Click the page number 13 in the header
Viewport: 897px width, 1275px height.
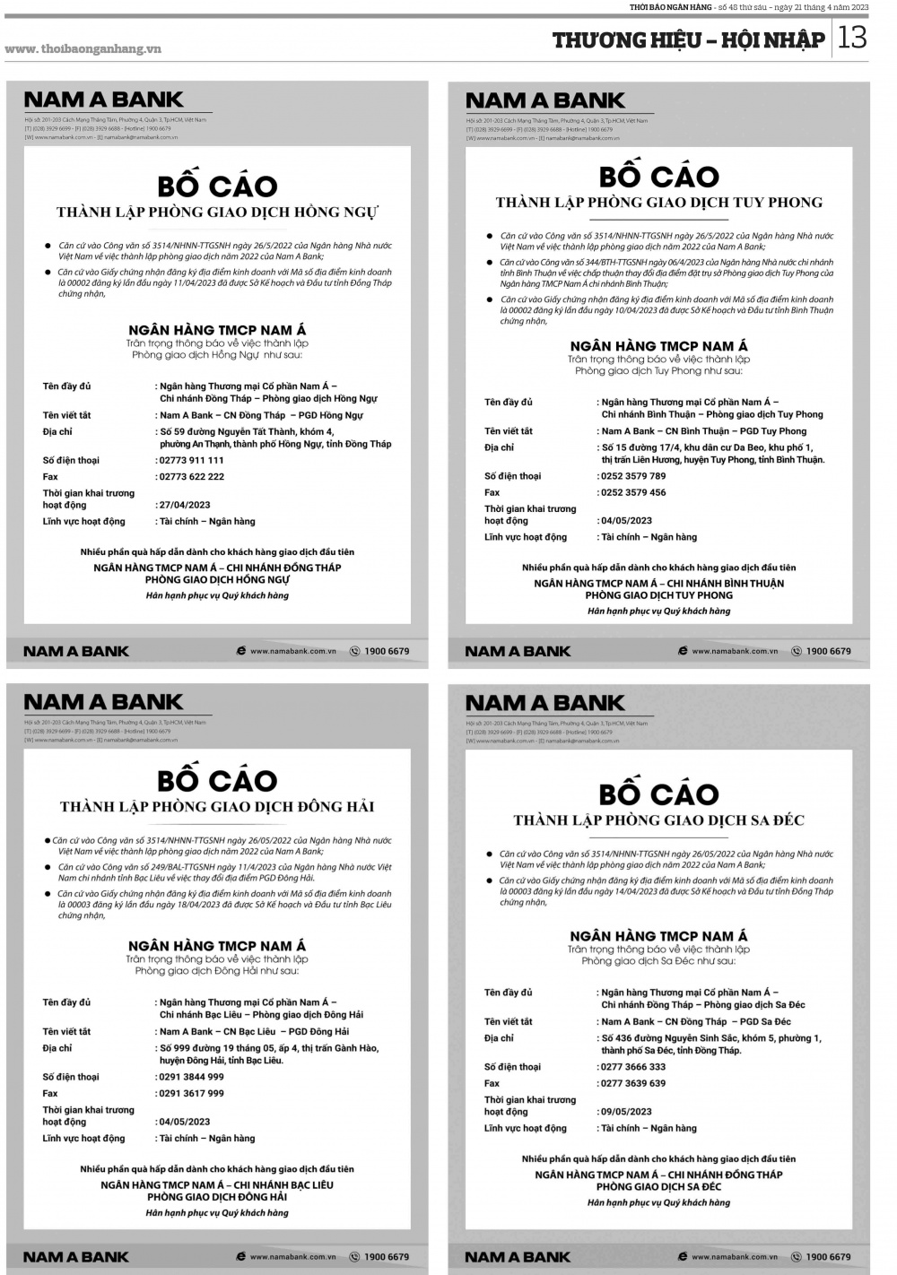(x=854, y=38)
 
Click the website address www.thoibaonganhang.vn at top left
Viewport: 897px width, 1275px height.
(x=83, y=48)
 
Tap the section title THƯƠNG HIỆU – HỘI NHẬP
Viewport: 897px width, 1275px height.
(x=688, y=39)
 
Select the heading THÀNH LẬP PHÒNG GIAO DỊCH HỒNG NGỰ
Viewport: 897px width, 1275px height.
(x=217, y=212)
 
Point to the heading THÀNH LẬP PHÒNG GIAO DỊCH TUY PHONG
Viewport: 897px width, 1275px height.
(x=659, y=203)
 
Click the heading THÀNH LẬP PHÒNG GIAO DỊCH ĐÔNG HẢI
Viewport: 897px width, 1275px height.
(x=217, y=806)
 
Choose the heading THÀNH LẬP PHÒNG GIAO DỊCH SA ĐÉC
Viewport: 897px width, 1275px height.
(x=659, y=820)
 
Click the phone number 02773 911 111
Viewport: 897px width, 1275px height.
(x=192, y=460)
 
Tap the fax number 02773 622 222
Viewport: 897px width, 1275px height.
(x=192, y=476)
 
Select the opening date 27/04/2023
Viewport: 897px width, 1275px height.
(x=185, y=505)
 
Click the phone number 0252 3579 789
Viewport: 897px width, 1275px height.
(x=633, y=476)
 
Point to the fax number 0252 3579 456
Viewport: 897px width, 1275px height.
(x=633, y=492)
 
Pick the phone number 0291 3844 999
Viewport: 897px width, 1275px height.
(x=192, y=1077)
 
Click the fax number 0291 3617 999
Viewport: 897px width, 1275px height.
(x=192, y=1093)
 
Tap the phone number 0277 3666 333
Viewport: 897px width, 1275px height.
(x=633, y=1067)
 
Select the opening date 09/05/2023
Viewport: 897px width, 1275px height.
(x=626, y=1112)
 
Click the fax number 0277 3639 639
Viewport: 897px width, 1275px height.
(x=633, y=1083)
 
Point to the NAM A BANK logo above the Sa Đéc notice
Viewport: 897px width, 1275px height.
(x=545, y=703)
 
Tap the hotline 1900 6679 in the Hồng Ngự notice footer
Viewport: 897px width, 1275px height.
(x=387, y=651)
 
